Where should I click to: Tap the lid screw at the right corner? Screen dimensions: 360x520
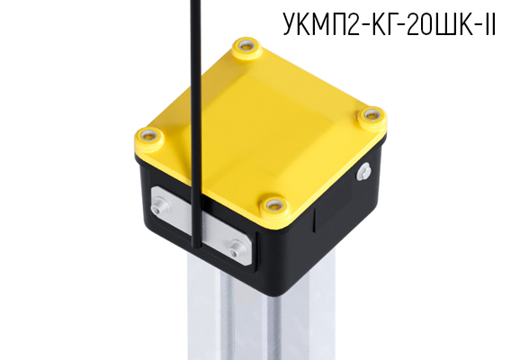click(369, 116)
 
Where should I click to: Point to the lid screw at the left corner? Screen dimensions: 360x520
click(149, 138)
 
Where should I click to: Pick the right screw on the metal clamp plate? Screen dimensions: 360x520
click(237, 248)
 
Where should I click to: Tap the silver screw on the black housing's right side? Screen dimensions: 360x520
click(365, 171)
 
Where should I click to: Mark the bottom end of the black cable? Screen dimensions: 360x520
click(194, 245)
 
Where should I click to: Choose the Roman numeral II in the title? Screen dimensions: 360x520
click(490, 24)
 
